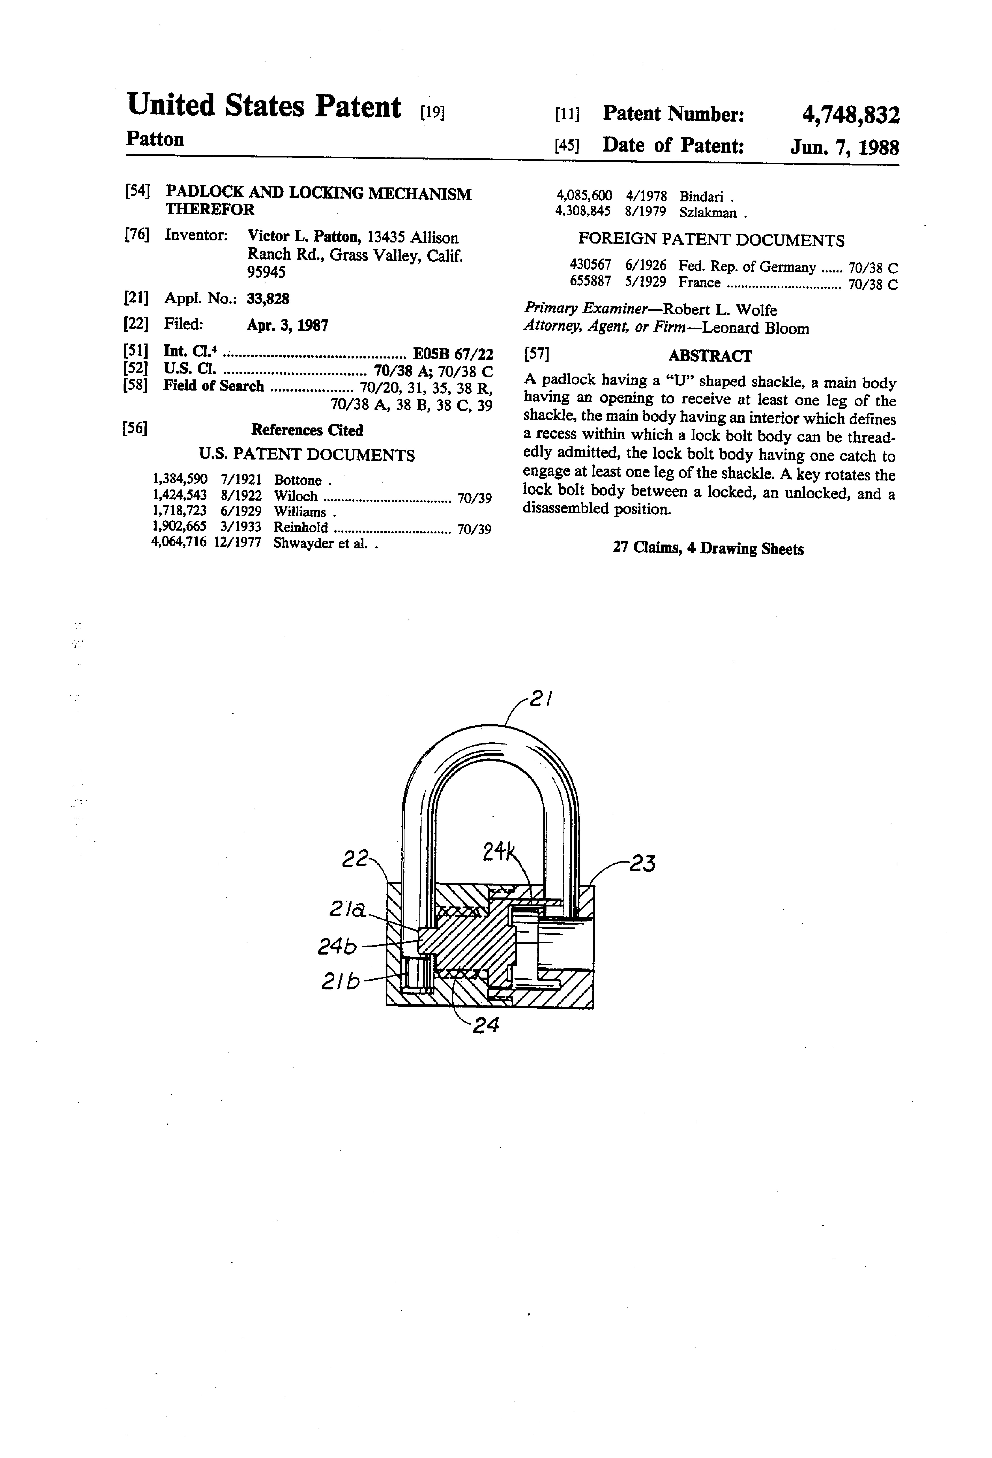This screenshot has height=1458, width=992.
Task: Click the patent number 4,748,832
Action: (850, 115)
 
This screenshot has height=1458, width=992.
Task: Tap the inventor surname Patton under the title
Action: (155, 139)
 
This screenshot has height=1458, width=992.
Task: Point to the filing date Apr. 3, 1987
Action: (287, 325)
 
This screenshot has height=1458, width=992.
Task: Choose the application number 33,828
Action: (268, 299)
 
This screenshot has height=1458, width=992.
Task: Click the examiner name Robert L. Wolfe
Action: (720, 310)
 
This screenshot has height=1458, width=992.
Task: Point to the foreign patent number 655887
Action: (589, 282)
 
